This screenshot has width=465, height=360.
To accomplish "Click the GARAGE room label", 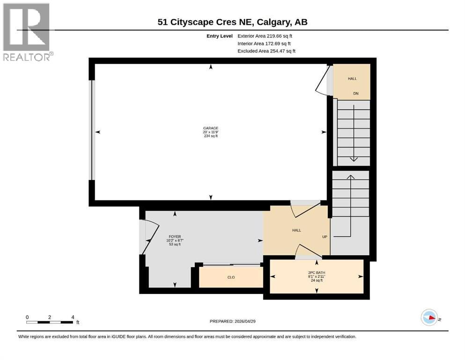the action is pyautogui.click(x=211, y=128).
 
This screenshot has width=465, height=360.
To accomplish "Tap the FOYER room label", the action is pyautogui.click(x=175, y=237).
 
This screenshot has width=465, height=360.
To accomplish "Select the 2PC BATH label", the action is pyautogui.click(x=317, y=272).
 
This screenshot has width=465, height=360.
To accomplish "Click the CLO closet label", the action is pyautogui.click(x=231, y=277).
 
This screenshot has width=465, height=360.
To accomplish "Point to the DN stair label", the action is pyautogui.click(x=356, y=93).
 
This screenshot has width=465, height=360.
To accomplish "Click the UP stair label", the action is pyautogui.click(x=325, y=237).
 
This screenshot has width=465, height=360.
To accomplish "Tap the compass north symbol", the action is pyautogui.click(x=429, y=317).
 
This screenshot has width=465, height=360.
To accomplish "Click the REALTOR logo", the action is pyautogui.click(x=28, y=32).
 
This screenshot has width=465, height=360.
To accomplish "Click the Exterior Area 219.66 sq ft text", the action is pyautogui.click(x=265, y=36).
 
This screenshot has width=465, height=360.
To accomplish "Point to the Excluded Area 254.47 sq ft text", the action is pyautogui.click(x=266, y=51).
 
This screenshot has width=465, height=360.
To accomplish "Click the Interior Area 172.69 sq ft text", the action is pyautogui.click(x=264, y=44).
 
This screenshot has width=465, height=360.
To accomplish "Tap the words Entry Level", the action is pyautogui.click(x=220, y=36).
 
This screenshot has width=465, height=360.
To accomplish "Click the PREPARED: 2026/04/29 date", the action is pyautogui.click(x=232, y=321).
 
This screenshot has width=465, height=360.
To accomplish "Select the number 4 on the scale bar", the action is pyautogui.click(x=73, y=317).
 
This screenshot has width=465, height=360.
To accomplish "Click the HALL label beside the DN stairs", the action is pyautogui.click(x=352, y=79).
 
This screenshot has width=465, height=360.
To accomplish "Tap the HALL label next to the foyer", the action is pyautogui.click(x=296, y=230).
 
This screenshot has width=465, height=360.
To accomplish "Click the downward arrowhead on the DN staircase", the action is pyautogui.click(x=354, y=159).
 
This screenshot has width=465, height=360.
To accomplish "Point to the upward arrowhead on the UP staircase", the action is pyautogui.click(x=351, y=177).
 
